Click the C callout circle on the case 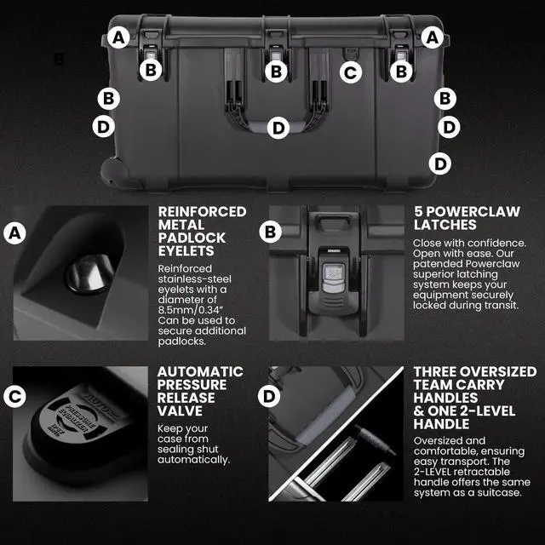click(x=351, y=72)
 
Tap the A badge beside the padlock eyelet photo click(x=14, y=232)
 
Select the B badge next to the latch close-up click(x=270, y=232)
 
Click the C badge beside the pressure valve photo click(x=14, y=396)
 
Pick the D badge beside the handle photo click(x=269, y=396)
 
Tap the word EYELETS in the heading click(x=186, y=251)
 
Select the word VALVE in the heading click(x=180, y=410)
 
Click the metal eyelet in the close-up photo click(x=89, y=272)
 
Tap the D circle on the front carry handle click(x=278, y=128)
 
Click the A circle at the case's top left click(x=118, y=37)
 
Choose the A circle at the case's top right click(x=432, y=37)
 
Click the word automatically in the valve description click(x=193, y=460)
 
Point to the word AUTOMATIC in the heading click(x=200, y=371)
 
